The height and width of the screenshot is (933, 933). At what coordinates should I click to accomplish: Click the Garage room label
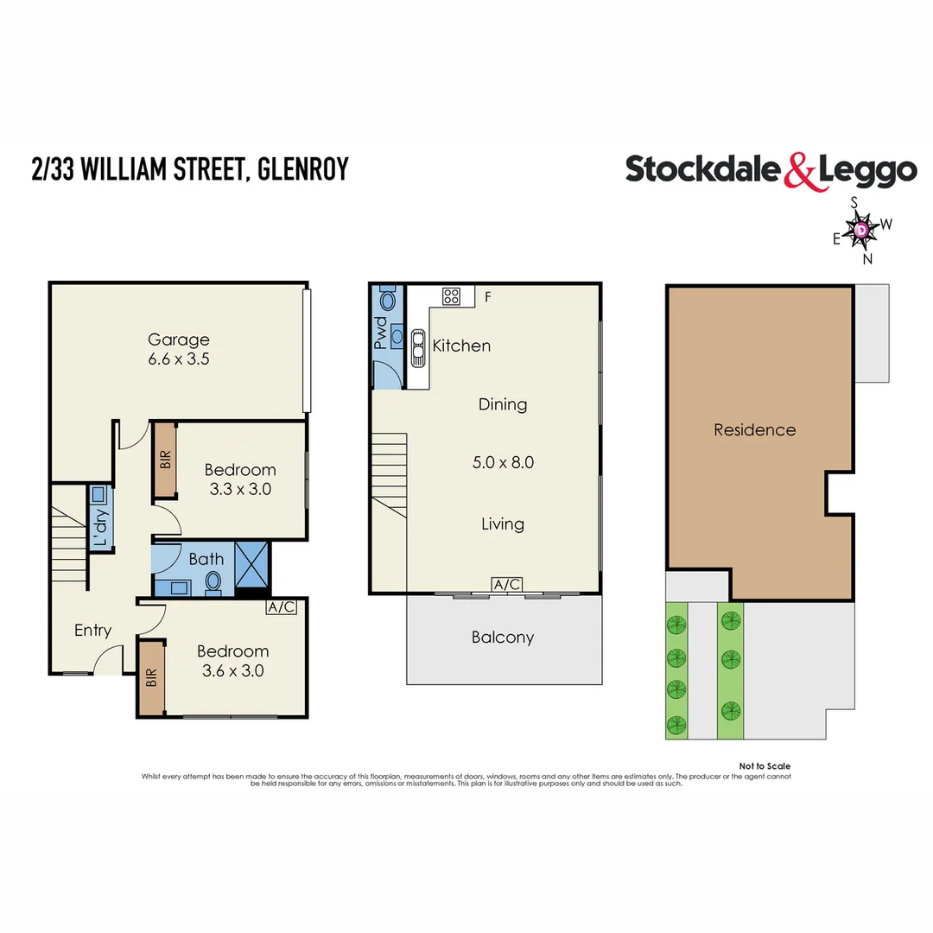(x=178, y=340)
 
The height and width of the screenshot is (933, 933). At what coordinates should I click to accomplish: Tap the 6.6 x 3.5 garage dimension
(x=178, y=359)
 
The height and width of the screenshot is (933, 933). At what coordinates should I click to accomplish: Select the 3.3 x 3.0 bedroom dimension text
(x=239, y=489)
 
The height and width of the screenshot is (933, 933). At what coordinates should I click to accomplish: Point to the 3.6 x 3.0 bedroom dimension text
(x=232, y=670)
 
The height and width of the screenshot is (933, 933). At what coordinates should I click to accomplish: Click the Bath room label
(x=206, y=559)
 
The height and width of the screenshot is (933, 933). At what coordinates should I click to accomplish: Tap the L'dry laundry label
(x=100, y=528)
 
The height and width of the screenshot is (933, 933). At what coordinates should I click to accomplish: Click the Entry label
(x=92, y=631)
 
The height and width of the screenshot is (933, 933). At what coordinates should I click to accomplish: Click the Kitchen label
(x=461, y=346)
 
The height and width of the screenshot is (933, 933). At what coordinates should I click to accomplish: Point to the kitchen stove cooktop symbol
(x=451, y=296)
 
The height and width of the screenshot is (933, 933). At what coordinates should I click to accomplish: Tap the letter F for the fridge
(x=488, y=297)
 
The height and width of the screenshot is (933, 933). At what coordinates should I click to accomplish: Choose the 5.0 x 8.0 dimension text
(x=503, y=462)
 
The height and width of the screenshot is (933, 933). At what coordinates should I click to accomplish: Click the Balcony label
(x=503, y=638)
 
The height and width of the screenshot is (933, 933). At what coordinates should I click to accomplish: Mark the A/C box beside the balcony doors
(x=506, y=585)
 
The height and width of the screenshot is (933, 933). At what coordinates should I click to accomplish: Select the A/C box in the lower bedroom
(x=282, y=607)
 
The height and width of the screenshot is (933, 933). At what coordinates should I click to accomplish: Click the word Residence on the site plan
(x=754, y=429)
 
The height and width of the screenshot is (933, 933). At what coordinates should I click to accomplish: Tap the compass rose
(x=862, y=230)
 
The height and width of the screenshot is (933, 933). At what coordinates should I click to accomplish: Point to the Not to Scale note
(x=765, y=766)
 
